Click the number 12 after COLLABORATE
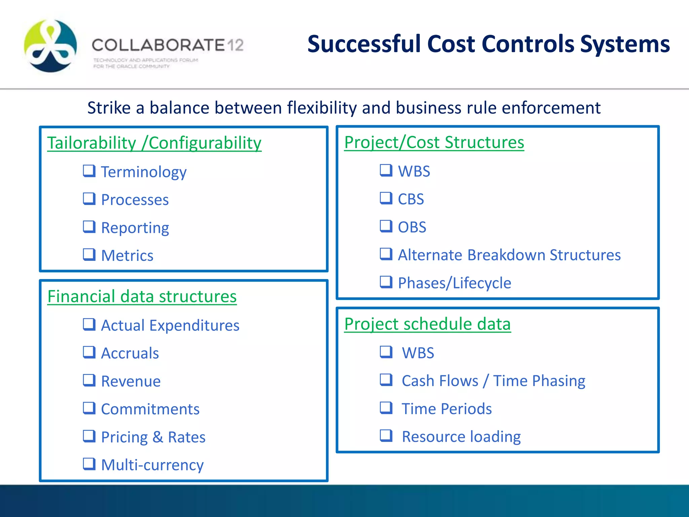(235, 45)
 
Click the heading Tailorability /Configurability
(154, 143)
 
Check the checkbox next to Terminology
(89, 171)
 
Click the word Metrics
(127, 255)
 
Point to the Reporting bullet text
(135, 228)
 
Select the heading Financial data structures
(142, 297)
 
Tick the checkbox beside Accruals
(89, 352)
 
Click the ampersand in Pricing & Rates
(158, 437)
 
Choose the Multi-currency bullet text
(152, 465)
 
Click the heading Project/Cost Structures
(434, 142)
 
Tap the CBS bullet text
(411, 199)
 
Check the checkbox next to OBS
(386, 226)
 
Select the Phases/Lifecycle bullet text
(454, 283)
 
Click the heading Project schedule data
(427, 324)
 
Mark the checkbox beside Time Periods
(386, 408)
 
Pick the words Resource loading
(461, 437)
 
